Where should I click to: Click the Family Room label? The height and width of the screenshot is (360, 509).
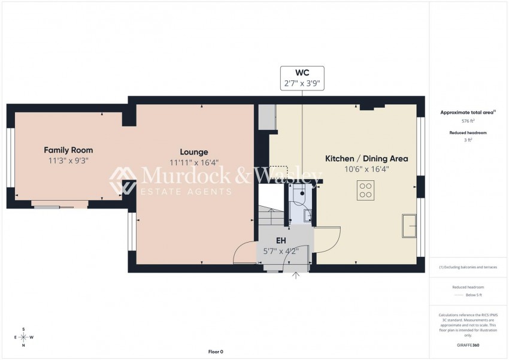pos(68,150)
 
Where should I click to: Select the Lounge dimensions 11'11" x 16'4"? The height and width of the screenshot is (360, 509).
pos(194,162)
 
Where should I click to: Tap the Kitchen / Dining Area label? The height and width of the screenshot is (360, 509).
pos(366,159)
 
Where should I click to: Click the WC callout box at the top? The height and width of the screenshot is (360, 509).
pos(302,78)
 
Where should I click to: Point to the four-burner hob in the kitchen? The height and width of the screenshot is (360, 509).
pos(365,190)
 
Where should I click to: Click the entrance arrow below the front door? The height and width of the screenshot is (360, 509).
pos(296,275)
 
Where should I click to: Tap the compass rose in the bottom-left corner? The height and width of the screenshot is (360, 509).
pos(23,337)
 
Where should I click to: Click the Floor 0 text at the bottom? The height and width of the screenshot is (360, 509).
pos(215,352)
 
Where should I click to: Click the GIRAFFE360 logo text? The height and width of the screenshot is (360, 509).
pos(460,345)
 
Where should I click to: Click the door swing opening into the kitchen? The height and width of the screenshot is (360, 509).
pos(327,239)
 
